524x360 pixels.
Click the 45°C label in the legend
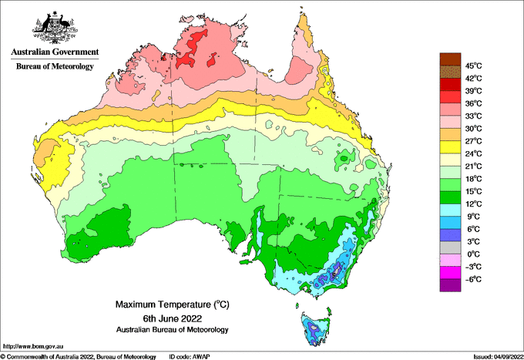click(x=472, y=66)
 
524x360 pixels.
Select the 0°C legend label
click(x=472, y=254)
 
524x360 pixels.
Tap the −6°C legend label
click(x=472, y=279)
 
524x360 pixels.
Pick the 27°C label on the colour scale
click(x=472, y=141)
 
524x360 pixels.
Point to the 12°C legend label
click(x=472, y=204)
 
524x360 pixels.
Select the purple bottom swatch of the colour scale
click(x=449, y=285)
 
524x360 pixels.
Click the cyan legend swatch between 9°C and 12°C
click(x=449, y=210)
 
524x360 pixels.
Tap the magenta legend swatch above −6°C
click(x=449, y=272)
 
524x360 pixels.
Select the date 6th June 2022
click(x=171, y=318)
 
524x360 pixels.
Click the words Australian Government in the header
click(x=54, y=52)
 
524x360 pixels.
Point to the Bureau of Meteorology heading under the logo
click(x=54, y=66)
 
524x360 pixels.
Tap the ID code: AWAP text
click(x=190, y=355)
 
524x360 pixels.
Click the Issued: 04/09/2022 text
click(x=493, y=355)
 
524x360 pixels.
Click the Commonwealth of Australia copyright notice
click(x=77, y=355)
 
